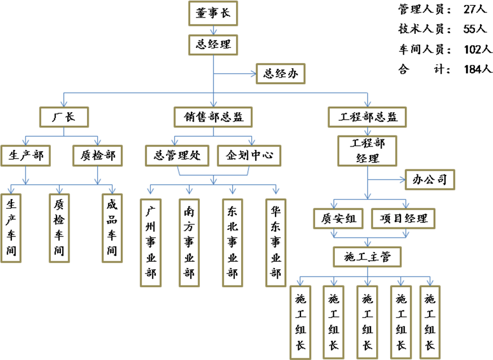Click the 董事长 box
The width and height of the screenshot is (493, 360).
(213, 13)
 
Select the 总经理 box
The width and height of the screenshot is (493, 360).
(213, 44)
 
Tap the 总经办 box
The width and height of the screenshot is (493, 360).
(280, 73)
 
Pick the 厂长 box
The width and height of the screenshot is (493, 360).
(64, 117)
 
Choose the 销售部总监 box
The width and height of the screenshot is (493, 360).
(213, 117)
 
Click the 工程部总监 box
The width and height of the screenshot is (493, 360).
(368, 117)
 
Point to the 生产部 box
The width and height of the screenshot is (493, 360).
(26, 155)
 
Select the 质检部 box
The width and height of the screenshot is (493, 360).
(98, 155)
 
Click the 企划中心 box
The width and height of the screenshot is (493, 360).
(249, 155)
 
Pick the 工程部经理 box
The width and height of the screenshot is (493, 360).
(368, 150)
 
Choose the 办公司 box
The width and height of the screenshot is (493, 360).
(430, 179)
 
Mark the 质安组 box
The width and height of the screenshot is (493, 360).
(339, 218)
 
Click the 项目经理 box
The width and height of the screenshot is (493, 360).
(403, 218)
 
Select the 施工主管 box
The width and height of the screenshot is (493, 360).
(368, 257)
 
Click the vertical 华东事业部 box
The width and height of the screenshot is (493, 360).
(276, 243)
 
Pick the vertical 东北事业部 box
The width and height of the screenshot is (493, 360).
(232, 243)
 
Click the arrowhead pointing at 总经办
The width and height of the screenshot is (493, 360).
(252, 73)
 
